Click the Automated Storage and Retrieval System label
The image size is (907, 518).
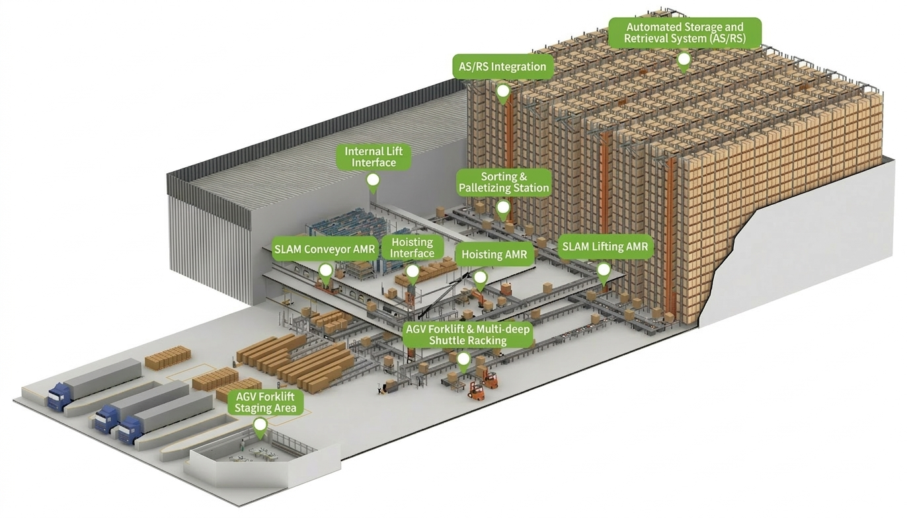pos(684,32)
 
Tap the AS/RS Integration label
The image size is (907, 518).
pos(502,67)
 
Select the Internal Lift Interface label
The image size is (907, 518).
pos(374,157)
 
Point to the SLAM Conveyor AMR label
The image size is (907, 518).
pos(325,250)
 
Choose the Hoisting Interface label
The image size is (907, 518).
pos(413,247)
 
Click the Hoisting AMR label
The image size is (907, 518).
pos(494,254)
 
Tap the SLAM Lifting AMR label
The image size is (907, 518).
pos(605,247)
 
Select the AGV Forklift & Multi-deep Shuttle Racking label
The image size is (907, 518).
pos(467,334)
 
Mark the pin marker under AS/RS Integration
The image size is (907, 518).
pos(503,91)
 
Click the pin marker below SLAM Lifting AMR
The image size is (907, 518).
pos(604,270)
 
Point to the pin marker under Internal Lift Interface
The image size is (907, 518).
pos(373,180)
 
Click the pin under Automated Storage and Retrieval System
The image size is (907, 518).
pos(684,60)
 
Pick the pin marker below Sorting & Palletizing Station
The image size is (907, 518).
pos(503,207)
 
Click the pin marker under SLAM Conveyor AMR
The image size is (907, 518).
pos(325,271)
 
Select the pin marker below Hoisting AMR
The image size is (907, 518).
pos(481,277)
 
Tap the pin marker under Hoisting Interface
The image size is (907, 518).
pos(412,272)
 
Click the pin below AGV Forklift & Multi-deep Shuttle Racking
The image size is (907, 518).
pos(463,359)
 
